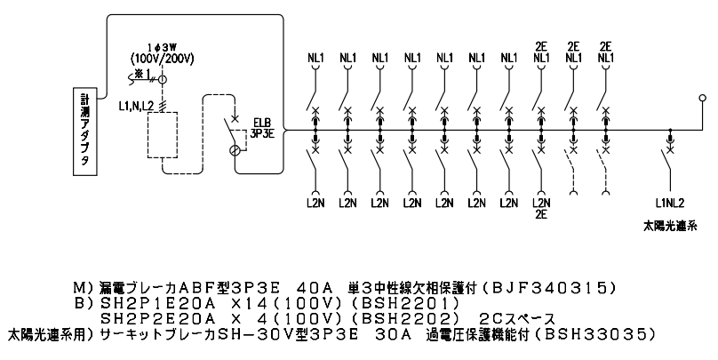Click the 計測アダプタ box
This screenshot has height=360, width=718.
84,132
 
